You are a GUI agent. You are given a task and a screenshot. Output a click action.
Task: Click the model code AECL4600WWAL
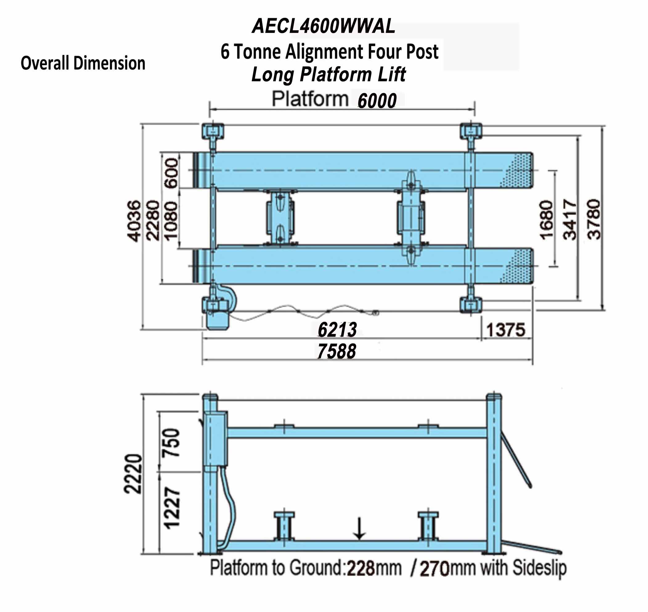[x=324, y=27]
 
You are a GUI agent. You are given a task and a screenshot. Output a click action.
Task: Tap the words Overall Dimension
[x=83, y=63]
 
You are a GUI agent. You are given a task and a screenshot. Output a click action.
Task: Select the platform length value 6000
[x=377, y=101]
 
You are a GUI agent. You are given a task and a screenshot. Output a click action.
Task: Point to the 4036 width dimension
[x=134, y=221]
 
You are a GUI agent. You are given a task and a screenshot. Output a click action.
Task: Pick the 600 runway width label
[x=172, y=173]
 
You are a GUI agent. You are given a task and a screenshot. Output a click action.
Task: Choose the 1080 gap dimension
[x=171, y=221]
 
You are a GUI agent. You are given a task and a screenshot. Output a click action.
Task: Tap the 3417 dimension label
[x=570, y=219]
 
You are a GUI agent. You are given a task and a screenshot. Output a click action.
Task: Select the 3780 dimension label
[x=593, y=219]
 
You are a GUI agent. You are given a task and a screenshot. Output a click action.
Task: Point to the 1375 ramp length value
[x=506, y=330]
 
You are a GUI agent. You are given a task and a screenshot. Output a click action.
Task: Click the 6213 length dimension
[x=337, y=330]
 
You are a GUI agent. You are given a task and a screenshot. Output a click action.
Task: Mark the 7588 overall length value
[x=336, y=352]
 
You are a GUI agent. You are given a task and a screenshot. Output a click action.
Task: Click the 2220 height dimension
[x=133, y=473]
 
